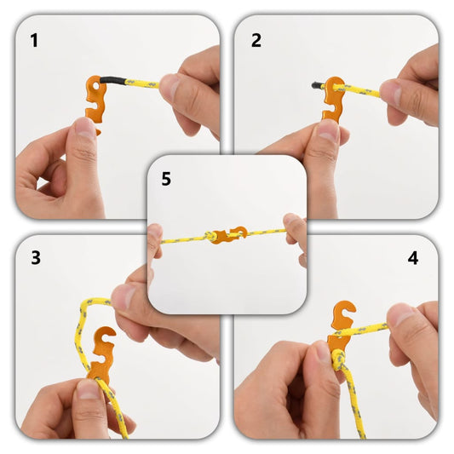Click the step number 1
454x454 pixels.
pos(34,40)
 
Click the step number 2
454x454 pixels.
pos(256,40)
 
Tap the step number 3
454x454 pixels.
pos(35,258)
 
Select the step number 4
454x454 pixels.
pos(413,258)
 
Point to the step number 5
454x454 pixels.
pos(166,180)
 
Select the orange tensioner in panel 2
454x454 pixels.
pos(333,101)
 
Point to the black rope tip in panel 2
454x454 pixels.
pos(317,84)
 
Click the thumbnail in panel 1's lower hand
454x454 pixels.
pos(84,128)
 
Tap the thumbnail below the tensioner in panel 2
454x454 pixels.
pos(328,130)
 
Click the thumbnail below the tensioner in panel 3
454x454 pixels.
pos(89,389)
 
